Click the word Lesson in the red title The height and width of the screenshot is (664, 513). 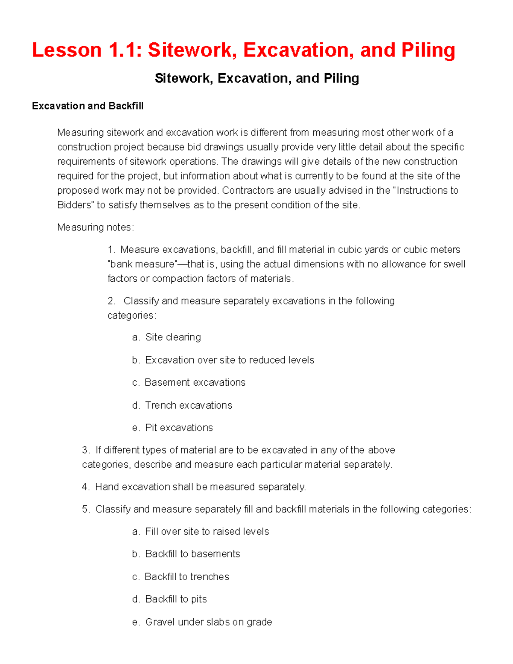pyautogui.click(x=67, y=50)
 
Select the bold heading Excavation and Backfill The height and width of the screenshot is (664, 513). pyautogui.click(x=88, y=106)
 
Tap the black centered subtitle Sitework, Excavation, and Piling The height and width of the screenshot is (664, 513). pyautogui.click(x=256, y=78)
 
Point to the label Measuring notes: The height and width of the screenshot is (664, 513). pyautogui.click(x=95, y=227)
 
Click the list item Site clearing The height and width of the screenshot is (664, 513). pyautogui.click(x=173, y=337)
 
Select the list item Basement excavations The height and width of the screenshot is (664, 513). pyautogui.click(x=195, y=382)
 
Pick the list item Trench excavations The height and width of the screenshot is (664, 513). pyautogui.click(x=189, y=405)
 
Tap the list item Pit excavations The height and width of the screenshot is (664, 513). pyautogui.click(x=179, y=428)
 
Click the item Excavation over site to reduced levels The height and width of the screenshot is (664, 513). pyautogui.click(x=230, y=360)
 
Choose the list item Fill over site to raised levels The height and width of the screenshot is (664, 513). pyautogui.click(x=207, y=531)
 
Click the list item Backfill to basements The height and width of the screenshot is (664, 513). pyautogui.click(x=192, y=554)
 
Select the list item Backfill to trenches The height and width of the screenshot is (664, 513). pyautogui.click(x=187, y=576)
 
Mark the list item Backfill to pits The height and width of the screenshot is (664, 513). pyautogui.click(x=176, y=599)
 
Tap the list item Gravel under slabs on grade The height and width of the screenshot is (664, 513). pyautogui.click(x=209, y=622)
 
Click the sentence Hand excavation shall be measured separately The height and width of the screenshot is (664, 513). pyautogui.click(x=200, y=487)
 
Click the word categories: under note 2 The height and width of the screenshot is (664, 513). pyautogui.click(x=132, y=315)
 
